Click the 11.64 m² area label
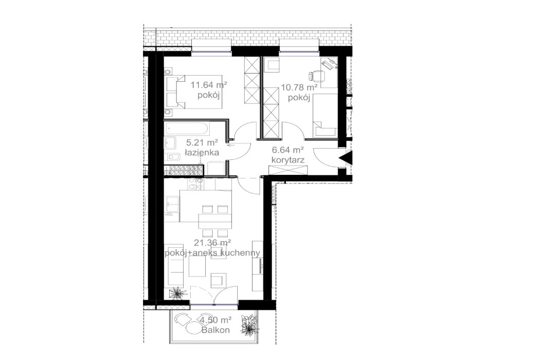(209, 85)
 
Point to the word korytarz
(288, 160)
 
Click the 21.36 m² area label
(212, 243)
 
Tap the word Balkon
(215, 330)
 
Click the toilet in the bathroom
(174, 157)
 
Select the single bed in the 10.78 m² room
(325, 116)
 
